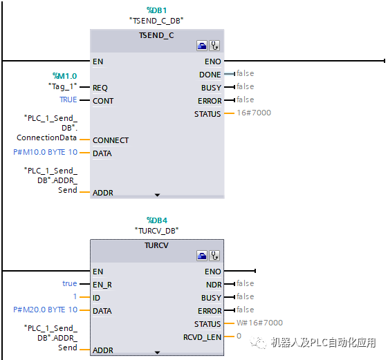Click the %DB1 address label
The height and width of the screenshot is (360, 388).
click(156, 10)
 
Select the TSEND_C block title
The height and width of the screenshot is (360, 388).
click(156, 35)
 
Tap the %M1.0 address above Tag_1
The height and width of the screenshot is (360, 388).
click(64, 76)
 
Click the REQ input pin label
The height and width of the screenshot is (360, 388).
click(100, 88)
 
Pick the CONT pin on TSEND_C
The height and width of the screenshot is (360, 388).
click(103, 101)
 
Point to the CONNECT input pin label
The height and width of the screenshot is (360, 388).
click(111, 140)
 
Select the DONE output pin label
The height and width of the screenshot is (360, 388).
click(210, 75)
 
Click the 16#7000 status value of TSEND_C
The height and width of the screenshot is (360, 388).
click(254, 113)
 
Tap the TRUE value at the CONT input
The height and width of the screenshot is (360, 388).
click(68, 100)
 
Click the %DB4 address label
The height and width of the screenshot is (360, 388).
click(157, 220)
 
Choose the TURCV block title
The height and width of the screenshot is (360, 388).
click(157, 245)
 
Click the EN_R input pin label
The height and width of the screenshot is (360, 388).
click(102, 284)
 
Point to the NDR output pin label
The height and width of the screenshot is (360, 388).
click(213, 284)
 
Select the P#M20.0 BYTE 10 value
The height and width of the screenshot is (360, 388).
click(46, 310)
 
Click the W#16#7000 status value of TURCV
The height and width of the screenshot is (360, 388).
click(259, 323)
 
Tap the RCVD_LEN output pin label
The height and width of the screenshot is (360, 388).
click(202, 337)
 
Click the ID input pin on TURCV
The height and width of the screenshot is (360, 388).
click(97, 297)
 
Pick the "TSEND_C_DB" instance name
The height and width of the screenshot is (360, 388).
click(156, 21)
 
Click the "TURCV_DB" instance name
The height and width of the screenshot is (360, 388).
click(157, 230)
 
